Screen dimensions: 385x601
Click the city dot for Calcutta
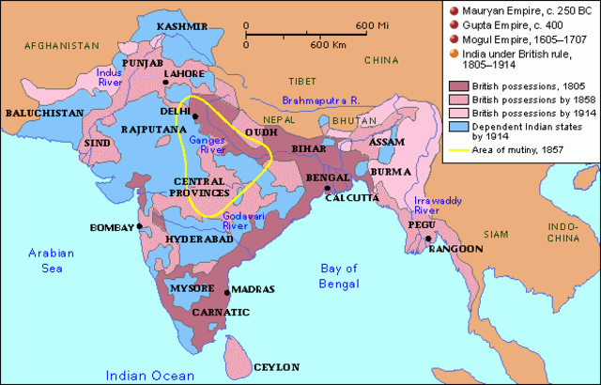click(x=327, y=189)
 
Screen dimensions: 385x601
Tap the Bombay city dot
click(x=140, y=226)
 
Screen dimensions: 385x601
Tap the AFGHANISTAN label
click(x=61, y=44)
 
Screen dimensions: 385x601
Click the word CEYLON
click(x=273, y=366)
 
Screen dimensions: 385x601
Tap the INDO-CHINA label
click(x=564, y=234)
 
